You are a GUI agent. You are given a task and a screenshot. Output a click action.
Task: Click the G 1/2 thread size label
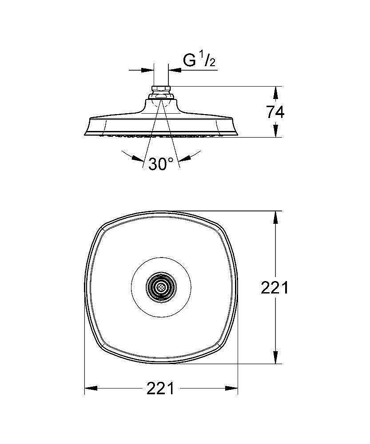(199, 60)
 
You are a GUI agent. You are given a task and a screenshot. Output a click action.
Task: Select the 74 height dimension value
(275, 112)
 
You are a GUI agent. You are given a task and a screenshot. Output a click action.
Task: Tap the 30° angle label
(161, 164)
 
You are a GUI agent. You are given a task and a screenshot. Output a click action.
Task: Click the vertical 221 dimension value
(274, 288)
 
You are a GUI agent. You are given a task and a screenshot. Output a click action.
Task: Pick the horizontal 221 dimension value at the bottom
(160, 388)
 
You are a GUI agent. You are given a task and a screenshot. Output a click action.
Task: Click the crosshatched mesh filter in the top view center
(161, 288)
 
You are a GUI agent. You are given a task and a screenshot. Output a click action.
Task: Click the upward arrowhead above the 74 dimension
(275, 93)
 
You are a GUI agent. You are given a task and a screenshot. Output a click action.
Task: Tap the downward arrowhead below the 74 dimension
(275, 130)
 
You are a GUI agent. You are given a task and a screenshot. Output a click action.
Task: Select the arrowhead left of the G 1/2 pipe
(147, 70)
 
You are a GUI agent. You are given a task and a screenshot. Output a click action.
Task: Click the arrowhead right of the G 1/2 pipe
(175, 70)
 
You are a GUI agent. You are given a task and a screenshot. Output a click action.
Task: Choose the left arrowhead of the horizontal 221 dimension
(91, 388)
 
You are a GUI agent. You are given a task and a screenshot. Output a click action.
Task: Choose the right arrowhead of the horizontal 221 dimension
(231, 388)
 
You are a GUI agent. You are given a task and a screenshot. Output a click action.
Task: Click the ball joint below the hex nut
(161, 97)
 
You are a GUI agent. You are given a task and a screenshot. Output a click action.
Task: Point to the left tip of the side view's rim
(84, 135)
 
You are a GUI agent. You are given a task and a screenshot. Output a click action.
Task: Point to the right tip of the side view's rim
(237, 135)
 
